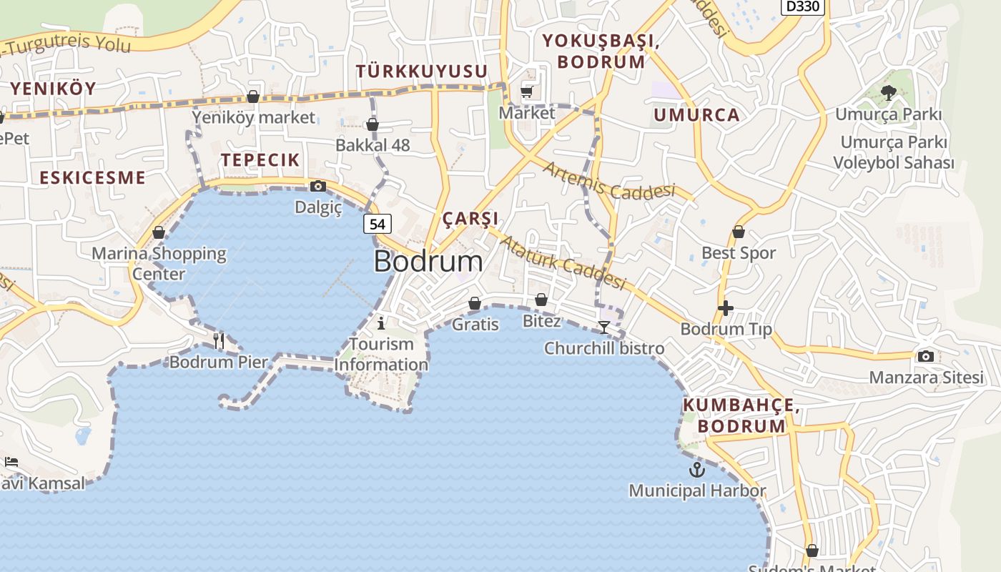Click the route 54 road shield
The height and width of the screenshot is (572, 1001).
378,224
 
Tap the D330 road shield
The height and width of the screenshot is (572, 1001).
803,6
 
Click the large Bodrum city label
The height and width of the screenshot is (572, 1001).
428,261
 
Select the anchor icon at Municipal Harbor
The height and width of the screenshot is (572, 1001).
696,470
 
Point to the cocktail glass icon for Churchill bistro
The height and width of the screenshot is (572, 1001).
604,327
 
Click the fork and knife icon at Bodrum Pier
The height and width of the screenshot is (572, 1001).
219,341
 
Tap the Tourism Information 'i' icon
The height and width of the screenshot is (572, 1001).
381,322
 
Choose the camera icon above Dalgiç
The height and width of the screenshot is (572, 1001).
318,187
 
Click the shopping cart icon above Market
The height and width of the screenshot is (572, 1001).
527,92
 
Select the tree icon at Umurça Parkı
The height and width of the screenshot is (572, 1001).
889,92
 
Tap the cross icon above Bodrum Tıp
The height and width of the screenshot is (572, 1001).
726,308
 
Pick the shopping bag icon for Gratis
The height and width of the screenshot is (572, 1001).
475,304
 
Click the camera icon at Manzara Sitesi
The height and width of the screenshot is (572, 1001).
926,356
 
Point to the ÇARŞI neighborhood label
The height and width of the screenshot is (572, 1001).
470,219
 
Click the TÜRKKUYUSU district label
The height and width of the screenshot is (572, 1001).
422,71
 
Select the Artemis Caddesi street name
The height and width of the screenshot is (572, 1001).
609,181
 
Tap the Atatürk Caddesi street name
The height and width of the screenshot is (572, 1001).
562,262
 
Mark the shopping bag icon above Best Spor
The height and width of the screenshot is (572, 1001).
739,232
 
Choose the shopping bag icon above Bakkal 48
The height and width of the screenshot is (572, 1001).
373,126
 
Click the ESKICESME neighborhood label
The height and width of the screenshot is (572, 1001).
92,177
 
